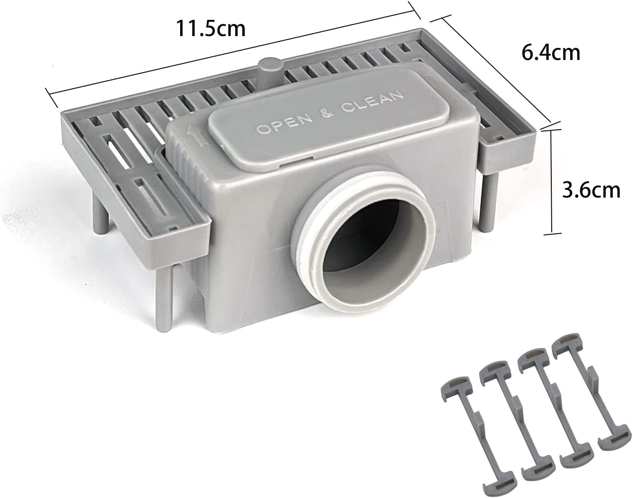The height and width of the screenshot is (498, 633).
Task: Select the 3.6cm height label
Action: pos(591,190)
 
